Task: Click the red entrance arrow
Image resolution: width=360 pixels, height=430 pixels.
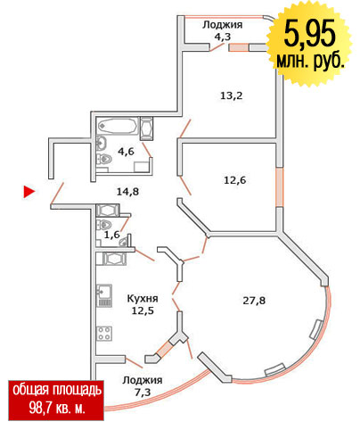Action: pyautogui.click(x=29, y=192)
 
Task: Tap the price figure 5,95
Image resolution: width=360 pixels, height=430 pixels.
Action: pyautogui.click(x=310, y=34)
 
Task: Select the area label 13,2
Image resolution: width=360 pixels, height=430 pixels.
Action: pyautogui.click(x=232, y=95)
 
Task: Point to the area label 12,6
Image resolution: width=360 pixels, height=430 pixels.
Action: pyautogui.click(x=234, y=180)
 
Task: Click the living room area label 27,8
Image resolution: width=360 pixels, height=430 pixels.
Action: pyautogui.click(x=254, y=301)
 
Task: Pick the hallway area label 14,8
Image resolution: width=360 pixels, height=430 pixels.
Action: pyautogui.click(x=127, y=192)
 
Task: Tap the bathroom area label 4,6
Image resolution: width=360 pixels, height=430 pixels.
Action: pyautogui.click(x=126, y=152)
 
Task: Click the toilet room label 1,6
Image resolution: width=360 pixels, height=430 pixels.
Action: pyautogui.click(x=112, y=235)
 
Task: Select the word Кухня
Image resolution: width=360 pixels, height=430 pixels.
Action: pyautogui.click(x=143, y=298)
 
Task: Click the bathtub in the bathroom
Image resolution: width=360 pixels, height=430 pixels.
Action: pyautogui.click(x=118, y=127)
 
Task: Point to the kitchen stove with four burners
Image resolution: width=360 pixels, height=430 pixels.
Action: pyautogui.click(x=104, y=334)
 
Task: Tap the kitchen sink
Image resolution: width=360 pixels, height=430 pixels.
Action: pyautogui.click(x=104, y=295)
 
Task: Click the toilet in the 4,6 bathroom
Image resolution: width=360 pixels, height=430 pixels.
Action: pyautogui.click(x=103, y=159)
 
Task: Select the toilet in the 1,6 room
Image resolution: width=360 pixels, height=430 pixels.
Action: pyautogui.click(x=103, y=224)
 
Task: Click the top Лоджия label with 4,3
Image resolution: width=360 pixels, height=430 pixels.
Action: pyautogui.click(x=223, y=30)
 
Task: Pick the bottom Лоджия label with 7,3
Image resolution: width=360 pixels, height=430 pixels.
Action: pyautogui.click(x=143, y=386)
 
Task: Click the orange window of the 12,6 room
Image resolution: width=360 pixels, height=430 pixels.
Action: pyautogui.click(x=280, y=186)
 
